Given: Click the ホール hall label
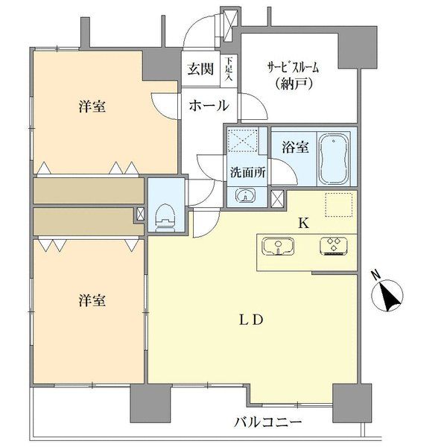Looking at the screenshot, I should tap(208, 106).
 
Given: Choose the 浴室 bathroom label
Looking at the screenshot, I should tap(296, 147).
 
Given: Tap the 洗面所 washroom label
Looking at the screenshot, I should tap(247, 170).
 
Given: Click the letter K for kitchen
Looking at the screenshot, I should tap(303, 221).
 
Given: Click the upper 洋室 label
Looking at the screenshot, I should tap(91, 107).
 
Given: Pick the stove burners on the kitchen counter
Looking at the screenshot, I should tap(332, 246).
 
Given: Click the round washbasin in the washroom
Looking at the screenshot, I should tap(247, 195).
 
